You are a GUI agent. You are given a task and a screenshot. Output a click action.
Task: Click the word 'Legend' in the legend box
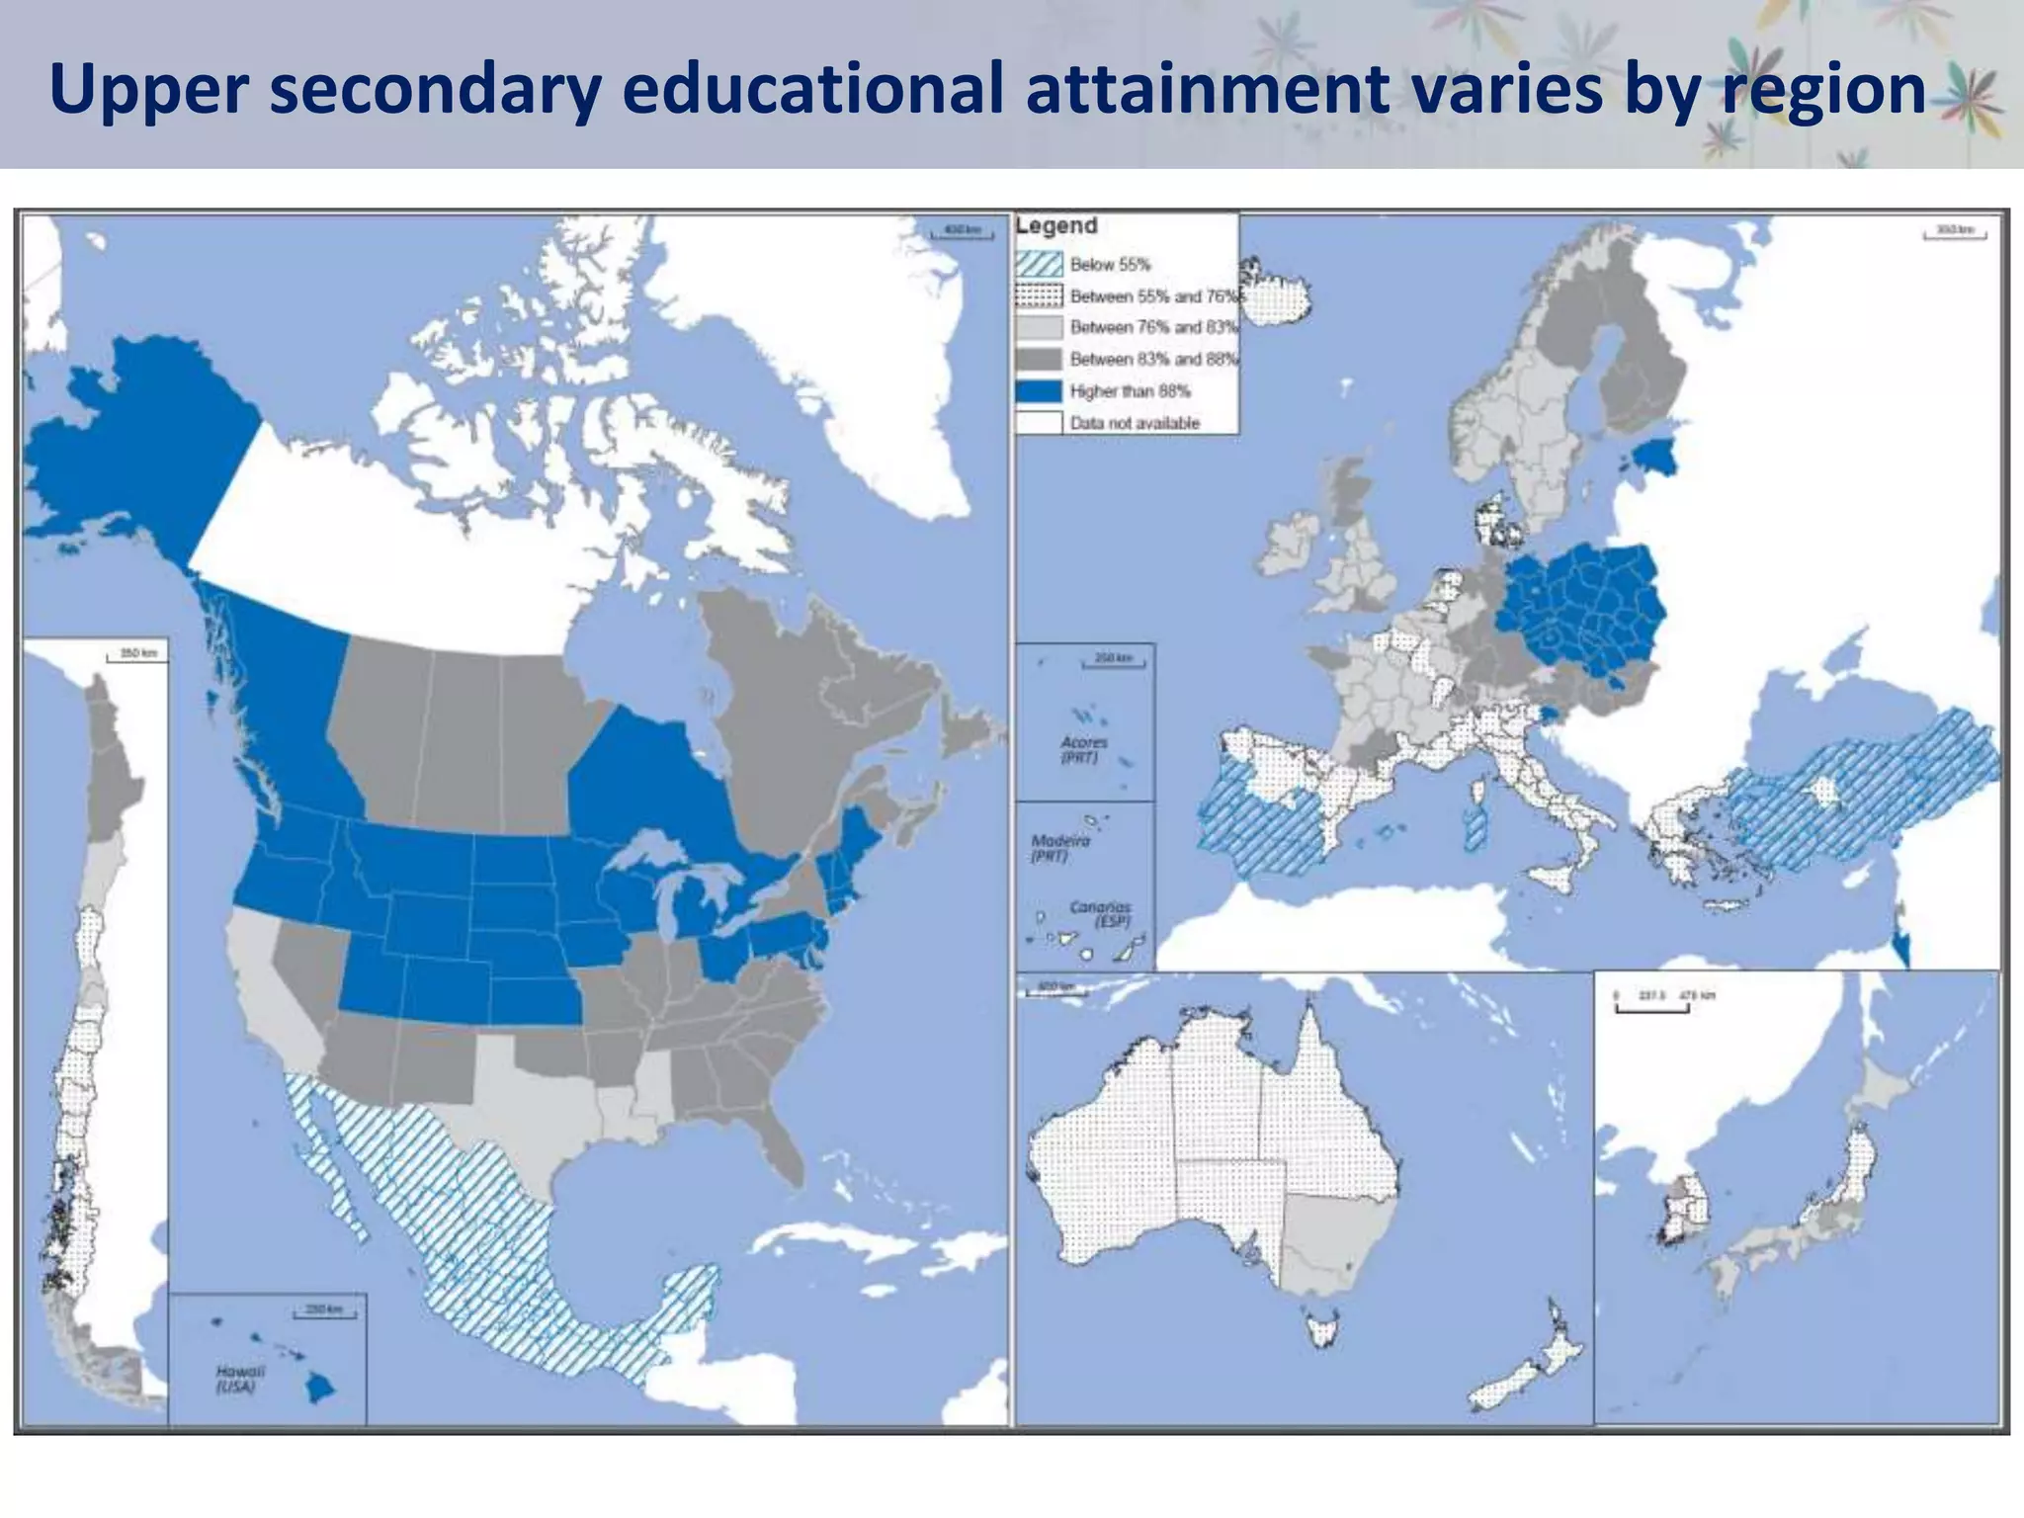click(x=1056, y=226)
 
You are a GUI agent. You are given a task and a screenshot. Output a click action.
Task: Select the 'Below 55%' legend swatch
click(x=1039, y=265)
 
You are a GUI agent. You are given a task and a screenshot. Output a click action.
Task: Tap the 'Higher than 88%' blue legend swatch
click(x=1039, y=391)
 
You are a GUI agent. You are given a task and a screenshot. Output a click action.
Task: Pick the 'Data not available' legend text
click(x=1134, y=423)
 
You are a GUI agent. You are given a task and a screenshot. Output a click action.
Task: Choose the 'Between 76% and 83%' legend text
click(x=1152, y=327)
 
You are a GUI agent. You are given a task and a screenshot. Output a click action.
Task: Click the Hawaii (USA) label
click(x=238, y=1379)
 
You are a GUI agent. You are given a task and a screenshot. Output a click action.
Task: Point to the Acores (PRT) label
click(x=1083, y=749)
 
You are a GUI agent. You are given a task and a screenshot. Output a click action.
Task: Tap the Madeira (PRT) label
click(x=1059, y=848)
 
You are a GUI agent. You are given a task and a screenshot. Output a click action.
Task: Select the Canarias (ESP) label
click(x=1100, y=913)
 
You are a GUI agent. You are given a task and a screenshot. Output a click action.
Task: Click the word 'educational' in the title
click(x=816, y=89)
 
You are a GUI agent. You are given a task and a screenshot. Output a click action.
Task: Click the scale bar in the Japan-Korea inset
click(x=1651, y=1007)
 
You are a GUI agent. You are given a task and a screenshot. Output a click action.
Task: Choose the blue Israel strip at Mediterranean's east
click(x=1902, y=947)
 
